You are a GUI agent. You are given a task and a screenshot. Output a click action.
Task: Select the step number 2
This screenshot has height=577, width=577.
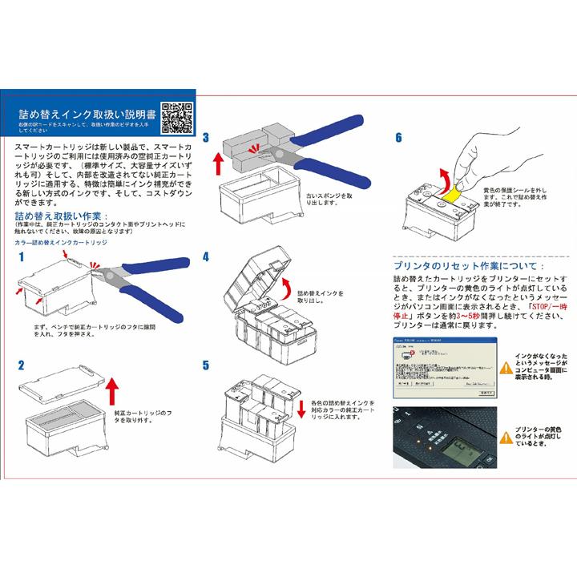(x=19, y=365)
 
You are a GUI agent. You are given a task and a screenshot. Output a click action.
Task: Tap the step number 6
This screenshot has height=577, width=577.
(x=397, y=137)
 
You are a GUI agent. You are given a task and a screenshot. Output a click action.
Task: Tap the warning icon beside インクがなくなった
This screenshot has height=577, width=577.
(x=504, y=368)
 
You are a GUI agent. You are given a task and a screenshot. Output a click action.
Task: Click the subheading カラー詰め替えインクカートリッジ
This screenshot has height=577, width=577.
(x=60, y=241)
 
